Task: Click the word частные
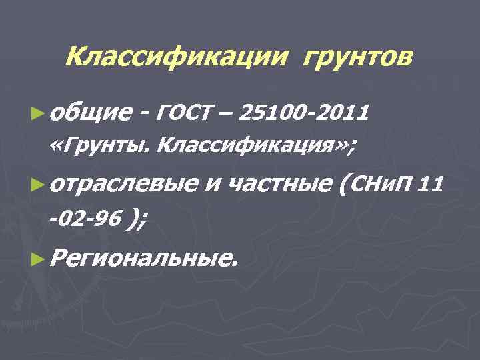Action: pyautogui.click(x=281, y=183)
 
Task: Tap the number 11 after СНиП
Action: pyautogui.click(x=431, y=183)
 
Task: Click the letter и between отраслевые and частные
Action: pyautogui.click(x=211, y=184)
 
